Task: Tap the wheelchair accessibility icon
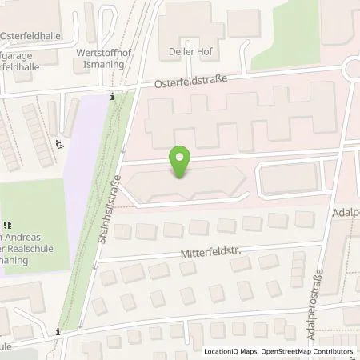(x=59, y=145)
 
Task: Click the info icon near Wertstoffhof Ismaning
(x=112, y=97)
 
